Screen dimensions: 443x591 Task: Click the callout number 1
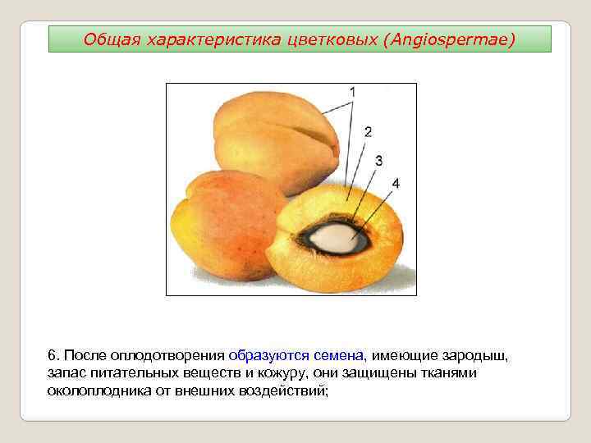352,92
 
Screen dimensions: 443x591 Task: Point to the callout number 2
368,131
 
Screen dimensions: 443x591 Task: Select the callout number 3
378,161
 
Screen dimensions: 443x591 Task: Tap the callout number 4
396,183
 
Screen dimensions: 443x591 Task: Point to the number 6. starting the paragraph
53,355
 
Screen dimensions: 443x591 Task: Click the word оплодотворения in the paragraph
176,355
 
